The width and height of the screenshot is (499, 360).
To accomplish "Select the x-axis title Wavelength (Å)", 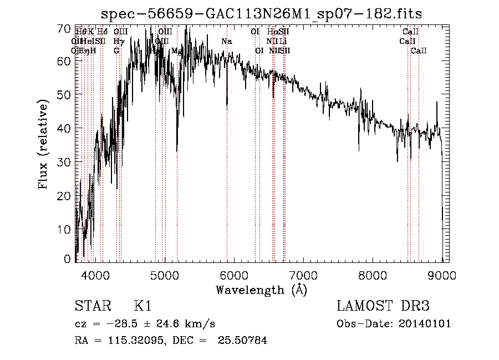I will tap(261, 290).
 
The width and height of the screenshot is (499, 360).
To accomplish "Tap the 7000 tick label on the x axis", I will tap(303, 273).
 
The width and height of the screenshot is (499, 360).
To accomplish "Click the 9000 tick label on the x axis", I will tap(442, 273).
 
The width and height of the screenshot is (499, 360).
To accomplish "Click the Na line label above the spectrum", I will tap(226, 42).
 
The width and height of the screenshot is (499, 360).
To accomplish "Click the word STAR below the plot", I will tap(89, 306).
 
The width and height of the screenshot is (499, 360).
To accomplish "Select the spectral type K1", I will tap(142, 306).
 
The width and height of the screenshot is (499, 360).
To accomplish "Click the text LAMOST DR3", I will tap(383, 306).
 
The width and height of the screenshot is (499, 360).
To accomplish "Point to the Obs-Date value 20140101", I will tap(428, 324).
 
